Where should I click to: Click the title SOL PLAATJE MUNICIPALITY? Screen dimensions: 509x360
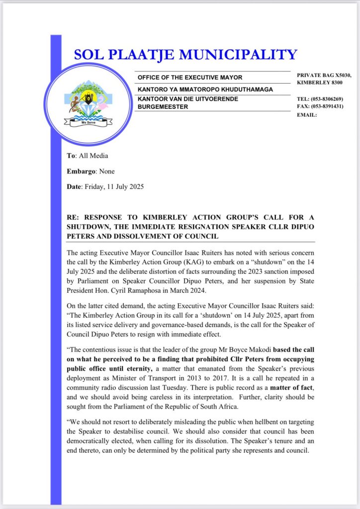(x=185, y=55)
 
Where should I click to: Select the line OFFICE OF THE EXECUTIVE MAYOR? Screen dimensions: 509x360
(x=190, y=78)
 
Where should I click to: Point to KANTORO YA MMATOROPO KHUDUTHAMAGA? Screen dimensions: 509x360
(x=205, y=89)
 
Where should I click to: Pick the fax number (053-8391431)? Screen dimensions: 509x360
(x=329, y=106)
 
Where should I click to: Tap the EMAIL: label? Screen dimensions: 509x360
(x=306, y=114)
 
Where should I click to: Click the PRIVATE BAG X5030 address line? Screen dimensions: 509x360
(x=324, y=75)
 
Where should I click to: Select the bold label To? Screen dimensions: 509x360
(x=72, y=156)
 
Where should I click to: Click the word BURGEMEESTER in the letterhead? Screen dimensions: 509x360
(x=163, y=107)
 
